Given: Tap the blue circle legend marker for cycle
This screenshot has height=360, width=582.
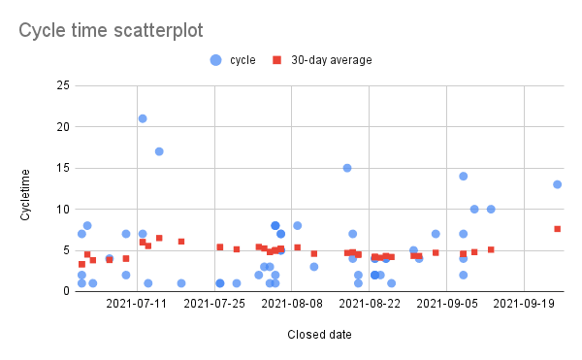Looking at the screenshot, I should [214, 60].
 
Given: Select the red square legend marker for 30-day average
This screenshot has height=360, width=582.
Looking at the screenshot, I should [276, 60].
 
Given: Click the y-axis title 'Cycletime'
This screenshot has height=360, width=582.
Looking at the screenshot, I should [26, 188].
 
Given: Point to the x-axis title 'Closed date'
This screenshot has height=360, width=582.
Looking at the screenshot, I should [319, 335].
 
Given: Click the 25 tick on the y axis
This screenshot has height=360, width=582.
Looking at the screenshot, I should [61, 86].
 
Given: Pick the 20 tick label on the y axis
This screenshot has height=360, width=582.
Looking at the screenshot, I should [61, 127].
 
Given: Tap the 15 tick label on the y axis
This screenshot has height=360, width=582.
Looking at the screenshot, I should [62, 168].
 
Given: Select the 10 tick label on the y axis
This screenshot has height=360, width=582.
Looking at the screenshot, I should [61, 210].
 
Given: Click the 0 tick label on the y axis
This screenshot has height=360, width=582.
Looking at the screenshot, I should [65, 291].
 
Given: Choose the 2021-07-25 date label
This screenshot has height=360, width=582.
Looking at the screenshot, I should [213, 304].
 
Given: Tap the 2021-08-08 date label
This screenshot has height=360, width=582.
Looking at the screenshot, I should [291, 304].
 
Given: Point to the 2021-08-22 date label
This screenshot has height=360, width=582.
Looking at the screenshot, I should [369, 304].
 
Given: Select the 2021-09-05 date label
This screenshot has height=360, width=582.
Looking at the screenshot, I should [446, 304].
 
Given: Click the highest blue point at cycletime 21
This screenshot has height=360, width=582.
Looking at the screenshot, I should [143, 118].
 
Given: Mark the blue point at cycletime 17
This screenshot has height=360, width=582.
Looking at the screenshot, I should [159, 151].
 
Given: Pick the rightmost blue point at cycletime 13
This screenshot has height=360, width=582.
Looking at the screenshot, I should [558, 184].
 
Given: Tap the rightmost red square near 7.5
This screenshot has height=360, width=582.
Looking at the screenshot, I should [558, 229].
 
